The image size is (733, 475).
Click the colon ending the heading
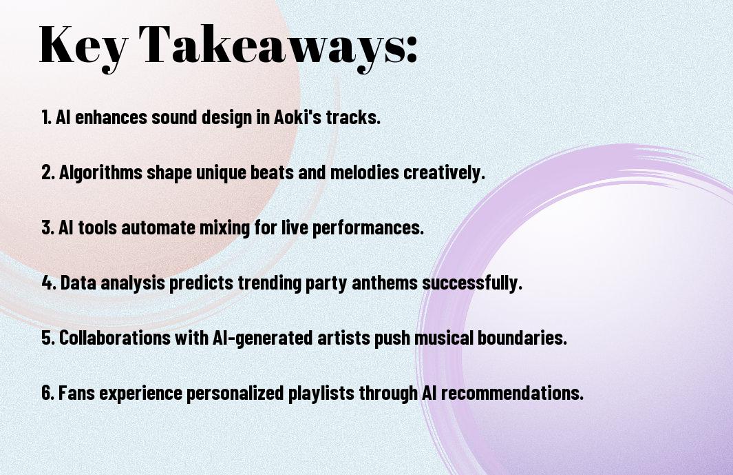(412, 50)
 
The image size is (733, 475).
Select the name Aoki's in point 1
(297, 117)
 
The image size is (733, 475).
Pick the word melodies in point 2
(365, 172)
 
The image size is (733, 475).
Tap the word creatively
(444, 172)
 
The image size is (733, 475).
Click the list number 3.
(47, 228)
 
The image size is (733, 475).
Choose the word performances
(368, 228)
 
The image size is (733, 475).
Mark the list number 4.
(48, 283)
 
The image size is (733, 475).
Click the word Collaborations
(114, 338)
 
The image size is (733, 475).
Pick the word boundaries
(522, 338)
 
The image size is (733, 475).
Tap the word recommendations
(512, 393)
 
